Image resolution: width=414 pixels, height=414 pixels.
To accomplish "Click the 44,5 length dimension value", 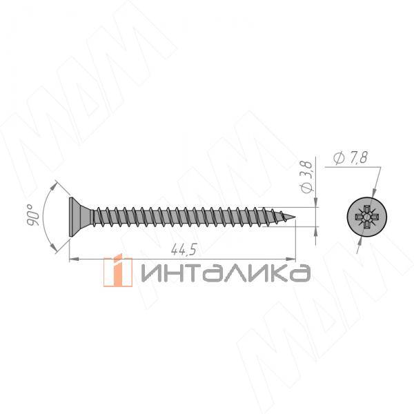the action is pyautogui.click(x=184, y=250).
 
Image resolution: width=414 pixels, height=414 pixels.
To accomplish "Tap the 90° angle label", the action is pyautogui.click(x=33, y=215).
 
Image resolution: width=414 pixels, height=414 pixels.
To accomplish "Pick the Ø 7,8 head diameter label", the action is pyautogui.click(x=350, y=158).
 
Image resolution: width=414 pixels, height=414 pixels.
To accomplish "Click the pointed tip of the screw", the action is pyautogui.click(x=295, y=217).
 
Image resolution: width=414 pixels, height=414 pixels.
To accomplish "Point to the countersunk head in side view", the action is pyautogui.click(x=79, y=217).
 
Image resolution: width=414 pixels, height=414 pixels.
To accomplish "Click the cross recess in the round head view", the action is pyautogui.click(x=366, y=217).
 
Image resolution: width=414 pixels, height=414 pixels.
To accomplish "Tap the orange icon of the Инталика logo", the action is pyautogui.click(x=118, y=270).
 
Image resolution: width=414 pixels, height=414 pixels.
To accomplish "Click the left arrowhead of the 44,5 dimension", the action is pyautogui.click(x=74, y=259).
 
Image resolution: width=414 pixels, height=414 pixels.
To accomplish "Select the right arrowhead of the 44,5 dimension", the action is pyautogui.click(x=291, y=259).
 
